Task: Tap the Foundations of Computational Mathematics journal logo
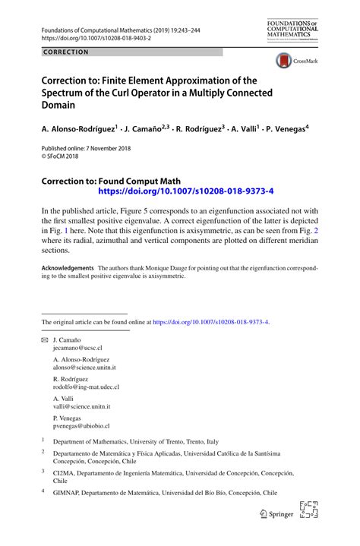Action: click(x=292, y=30)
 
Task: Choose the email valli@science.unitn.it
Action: click(x=81, y=406)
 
